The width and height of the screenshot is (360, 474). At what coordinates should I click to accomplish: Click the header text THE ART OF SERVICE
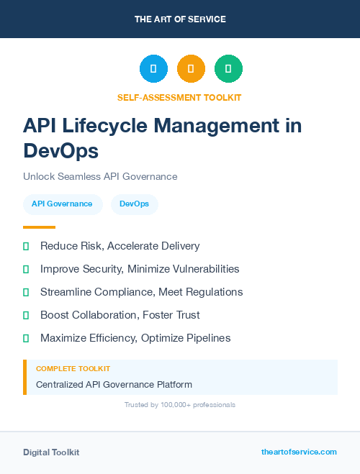(180, 19)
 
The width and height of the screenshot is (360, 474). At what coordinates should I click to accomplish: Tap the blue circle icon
(153, 69)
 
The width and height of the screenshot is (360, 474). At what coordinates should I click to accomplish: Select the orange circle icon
(191, 69)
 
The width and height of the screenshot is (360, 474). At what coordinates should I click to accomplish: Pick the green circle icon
(228, 69)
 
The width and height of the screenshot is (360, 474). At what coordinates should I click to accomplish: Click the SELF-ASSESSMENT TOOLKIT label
(180, 97)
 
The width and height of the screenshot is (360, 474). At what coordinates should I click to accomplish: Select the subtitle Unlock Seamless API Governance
(100, 176)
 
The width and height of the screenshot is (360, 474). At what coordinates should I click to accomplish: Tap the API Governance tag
(62, 204)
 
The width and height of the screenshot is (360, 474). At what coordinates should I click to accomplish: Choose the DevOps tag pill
(135, 204)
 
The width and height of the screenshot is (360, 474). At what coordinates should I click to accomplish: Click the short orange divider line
(40, 227)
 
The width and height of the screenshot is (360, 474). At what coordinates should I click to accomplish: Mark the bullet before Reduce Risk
(26, 247)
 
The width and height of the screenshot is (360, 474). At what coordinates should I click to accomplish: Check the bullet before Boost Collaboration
(26, 315)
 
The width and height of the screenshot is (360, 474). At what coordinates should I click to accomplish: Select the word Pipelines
(229, 337)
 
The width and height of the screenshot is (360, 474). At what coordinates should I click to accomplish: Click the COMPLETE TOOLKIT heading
(73, 368)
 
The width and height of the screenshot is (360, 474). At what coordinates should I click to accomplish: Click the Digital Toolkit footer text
(51, 452)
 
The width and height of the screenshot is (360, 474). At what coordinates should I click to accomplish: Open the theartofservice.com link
(299, 452)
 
